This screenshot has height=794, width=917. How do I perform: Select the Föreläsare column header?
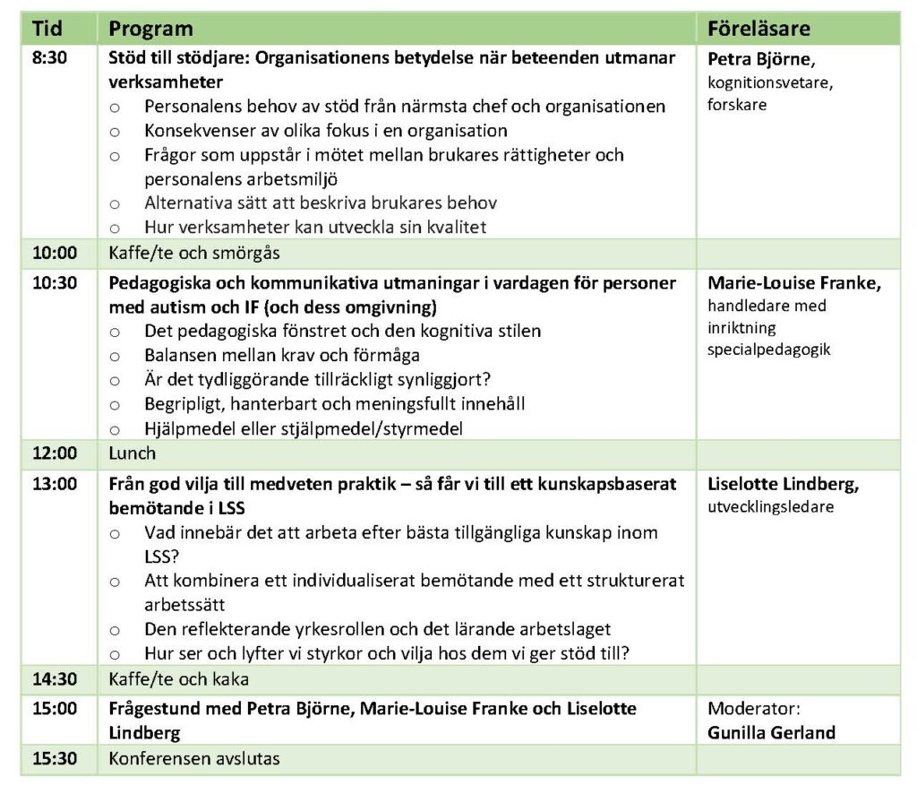click(758, 29)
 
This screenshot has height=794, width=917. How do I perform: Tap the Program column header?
click(150, 29)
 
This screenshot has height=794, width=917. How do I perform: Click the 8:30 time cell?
click(50, 60)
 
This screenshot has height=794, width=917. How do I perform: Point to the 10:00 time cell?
click(55, 253)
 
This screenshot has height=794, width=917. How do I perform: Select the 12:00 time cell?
click(55, 453)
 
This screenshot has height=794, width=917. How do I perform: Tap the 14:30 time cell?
click(55, 678)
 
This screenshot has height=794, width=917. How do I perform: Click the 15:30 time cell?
click(55, 759)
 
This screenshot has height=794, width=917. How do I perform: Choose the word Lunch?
click(133, 453)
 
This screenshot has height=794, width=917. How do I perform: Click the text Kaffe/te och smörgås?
click(194, 253)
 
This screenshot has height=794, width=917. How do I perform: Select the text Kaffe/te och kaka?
click(179, 678)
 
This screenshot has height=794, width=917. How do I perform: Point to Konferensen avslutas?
click(194, 759)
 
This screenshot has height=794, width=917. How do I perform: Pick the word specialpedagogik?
click(769, 349)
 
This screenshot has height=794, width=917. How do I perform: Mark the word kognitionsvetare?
click(765, 83)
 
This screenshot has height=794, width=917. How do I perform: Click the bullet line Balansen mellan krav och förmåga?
click(282, 355)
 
